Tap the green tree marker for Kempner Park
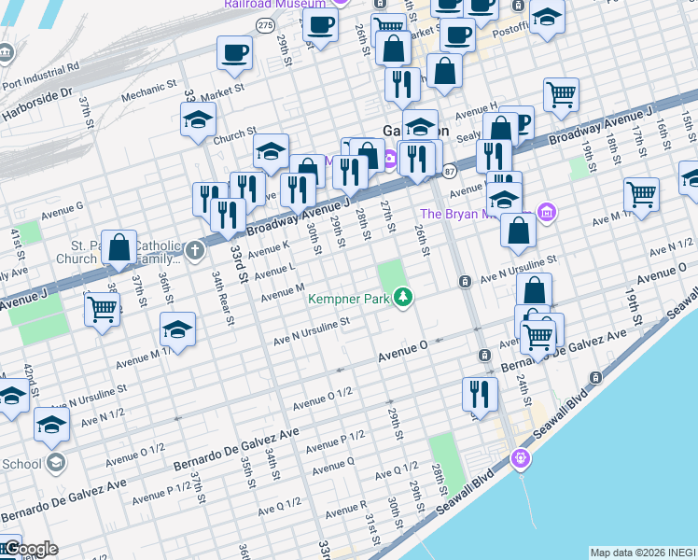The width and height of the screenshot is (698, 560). point(403,298)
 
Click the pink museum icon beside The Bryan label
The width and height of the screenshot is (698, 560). point(546,213)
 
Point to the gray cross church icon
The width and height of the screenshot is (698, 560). point(194,249)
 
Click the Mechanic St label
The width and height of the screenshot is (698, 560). point(149,91)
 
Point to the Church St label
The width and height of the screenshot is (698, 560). point(233,136)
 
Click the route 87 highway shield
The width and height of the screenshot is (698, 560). point(450,171)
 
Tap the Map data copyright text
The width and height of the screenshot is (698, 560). point(643,553)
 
